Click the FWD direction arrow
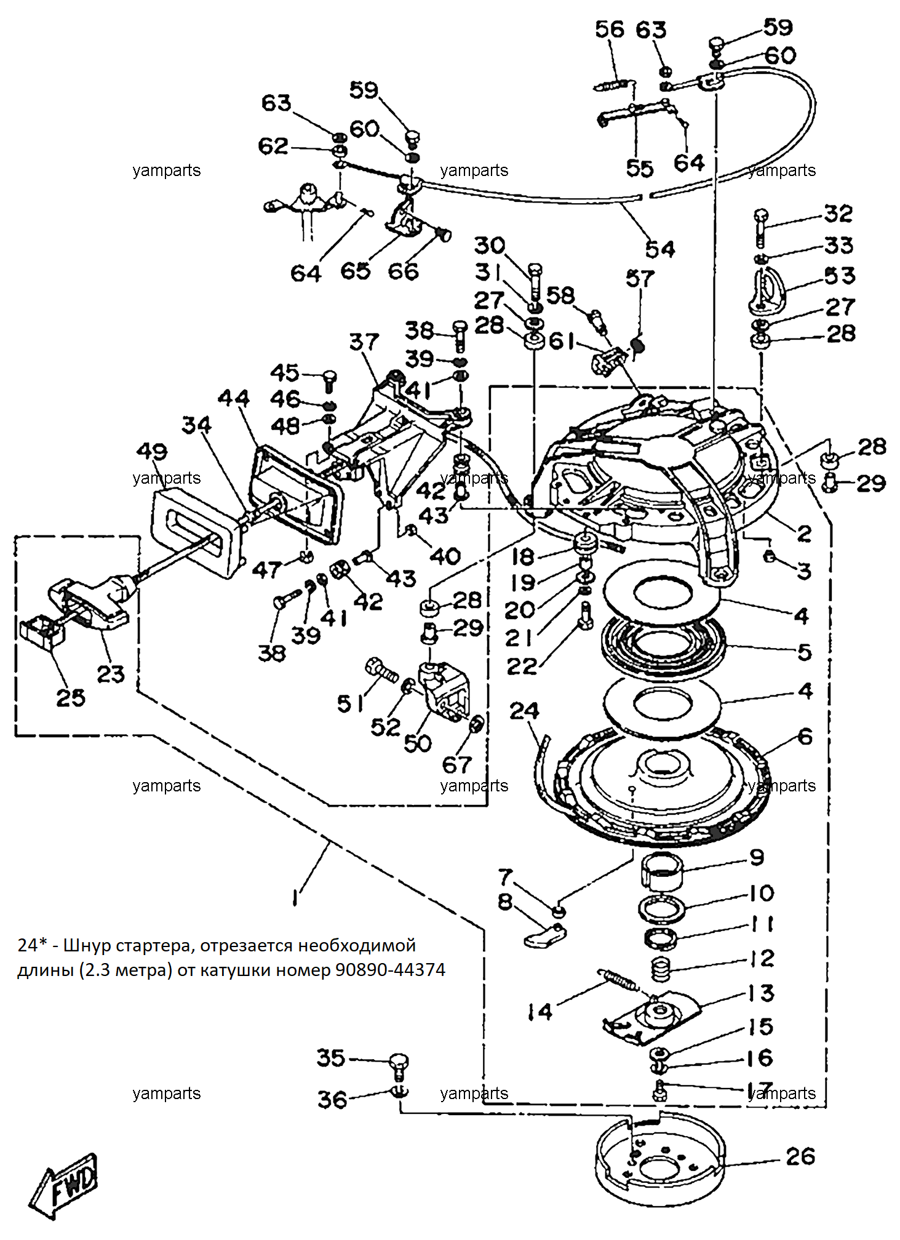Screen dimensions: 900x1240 click(64, 1185)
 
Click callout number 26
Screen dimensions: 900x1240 click(800, 1157)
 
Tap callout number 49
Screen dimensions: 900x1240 click(152, 452)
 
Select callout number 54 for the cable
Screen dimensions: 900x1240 click(660, 249)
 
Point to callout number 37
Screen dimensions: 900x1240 click(364, 342)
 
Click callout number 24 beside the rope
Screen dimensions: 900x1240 click(524, 711)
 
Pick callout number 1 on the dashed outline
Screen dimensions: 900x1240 click(295, 897)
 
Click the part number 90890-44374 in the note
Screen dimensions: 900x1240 click(390, 970)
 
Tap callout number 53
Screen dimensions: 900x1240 click(840, 276)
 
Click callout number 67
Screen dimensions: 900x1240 click(457, 765)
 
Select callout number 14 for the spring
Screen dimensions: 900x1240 click(540, 1012)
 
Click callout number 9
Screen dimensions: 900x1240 click(757, 857)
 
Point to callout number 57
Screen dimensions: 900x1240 click(640, 279)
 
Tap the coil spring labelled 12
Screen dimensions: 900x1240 click(661, 970)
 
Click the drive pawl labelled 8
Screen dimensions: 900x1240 click(545, 935)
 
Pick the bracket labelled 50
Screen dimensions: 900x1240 click(443, 689)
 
